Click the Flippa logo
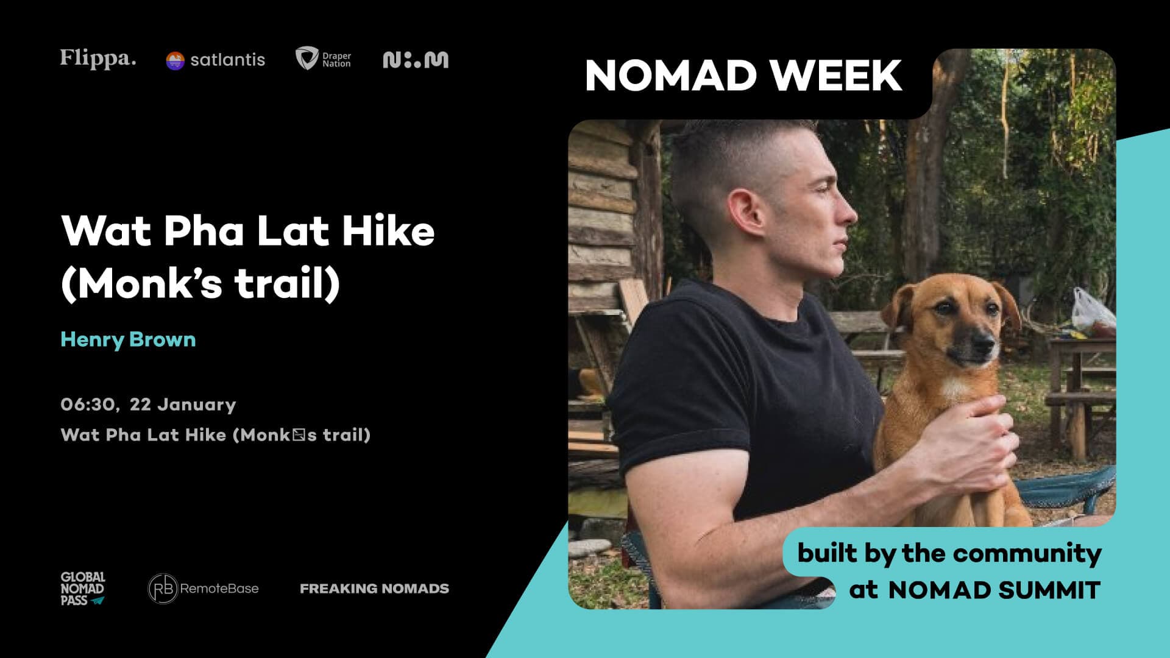98,59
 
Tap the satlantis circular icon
175,60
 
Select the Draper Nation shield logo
306,58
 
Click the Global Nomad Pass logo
83,589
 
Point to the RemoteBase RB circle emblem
163,589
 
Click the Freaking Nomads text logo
374,589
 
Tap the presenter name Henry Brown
128,339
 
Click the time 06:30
89,405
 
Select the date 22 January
183,405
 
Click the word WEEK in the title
835,76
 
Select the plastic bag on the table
1093,314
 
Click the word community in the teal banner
1027,553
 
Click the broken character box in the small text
298,435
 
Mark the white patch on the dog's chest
954,387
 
